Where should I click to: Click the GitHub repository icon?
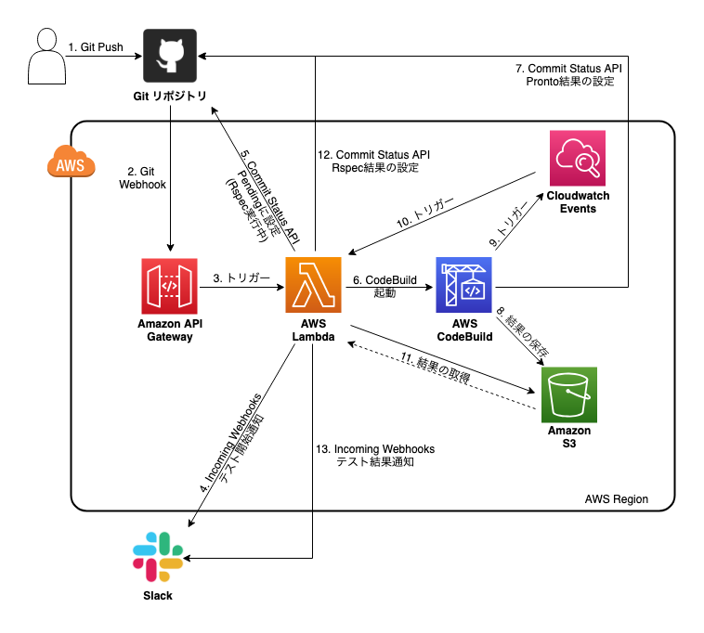[x=169, y=56]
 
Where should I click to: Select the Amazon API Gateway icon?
[x=169, y=288]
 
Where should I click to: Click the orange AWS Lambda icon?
[x=316, y=288]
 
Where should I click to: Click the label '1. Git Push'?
[x=97, y=46]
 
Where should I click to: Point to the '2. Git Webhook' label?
[x=142, y=178]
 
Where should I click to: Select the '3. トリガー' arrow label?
[x=241, y=278]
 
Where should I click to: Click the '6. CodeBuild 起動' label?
[x=383, y=285]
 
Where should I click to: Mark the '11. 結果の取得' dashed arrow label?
[x=437, y=368]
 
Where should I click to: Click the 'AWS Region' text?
[x=616, y=499]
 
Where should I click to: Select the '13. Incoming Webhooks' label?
[x=374, y=449]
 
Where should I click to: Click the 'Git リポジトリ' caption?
[x=169, y=97]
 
